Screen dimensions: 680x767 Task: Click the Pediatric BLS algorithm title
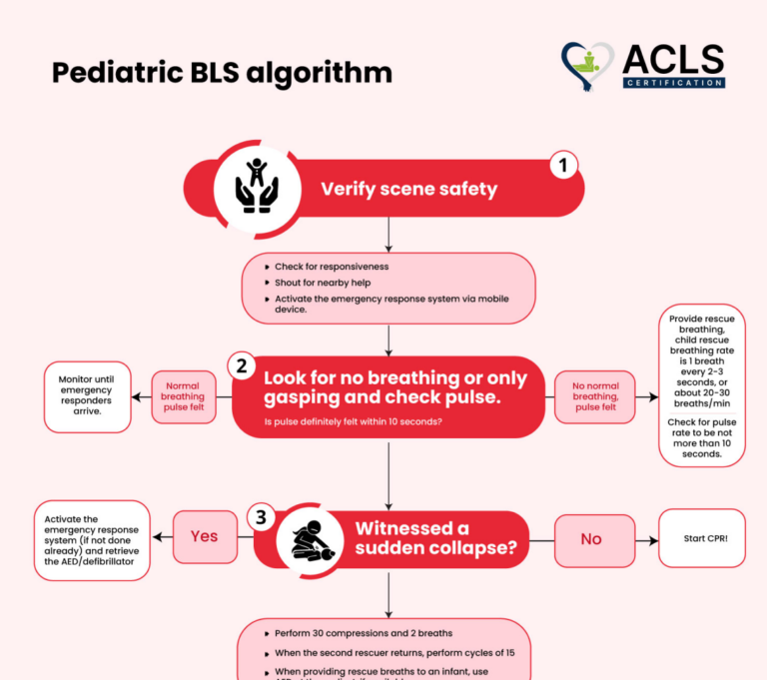(x=222, y=73)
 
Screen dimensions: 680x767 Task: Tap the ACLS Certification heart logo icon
(x=589, y=67)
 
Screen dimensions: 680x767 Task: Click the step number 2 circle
(x=241, y=365)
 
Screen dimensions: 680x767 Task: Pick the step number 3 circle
(x=261, y=517)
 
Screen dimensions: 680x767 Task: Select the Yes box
(x=205, y=536)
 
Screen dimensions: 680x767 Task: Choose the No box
(x=591, y=539)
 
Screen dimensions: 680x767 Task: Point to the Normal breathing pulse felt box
(x=183, y=396)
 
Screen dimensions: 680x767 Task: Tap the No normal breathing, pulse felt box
(x=594, y=396)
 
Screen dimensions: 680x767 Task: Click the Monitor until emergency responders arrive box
(x=88, y=395)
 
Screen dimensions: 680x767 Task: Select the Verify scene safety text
(x=408, y=188)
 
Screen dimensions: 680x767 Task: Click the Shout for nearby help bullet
(x=323, y=283)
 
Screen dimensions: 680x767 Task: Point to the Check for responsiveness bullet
(x=332, y=267)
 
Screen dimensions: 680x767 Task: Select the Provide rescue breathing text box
(x=701, y=384)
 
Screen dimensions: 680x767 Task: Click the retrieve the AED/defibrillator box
(x=92, y=540)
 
